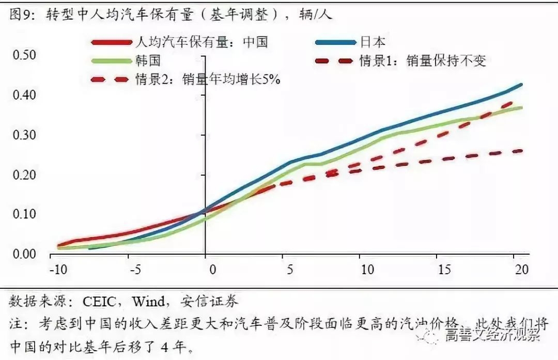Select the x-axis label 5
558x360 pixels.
(290, 270)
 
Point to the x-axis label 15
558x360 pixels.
(444, 270)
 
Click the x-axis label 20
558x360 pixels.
(521, 270)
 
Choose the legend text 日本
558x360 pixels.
(373, 42)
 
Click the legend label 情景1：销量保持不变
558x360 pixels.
(423, 61)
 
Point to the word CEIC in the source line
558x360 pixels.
(95, 301)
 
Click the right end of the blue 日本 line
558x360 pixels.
(521, 84)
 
